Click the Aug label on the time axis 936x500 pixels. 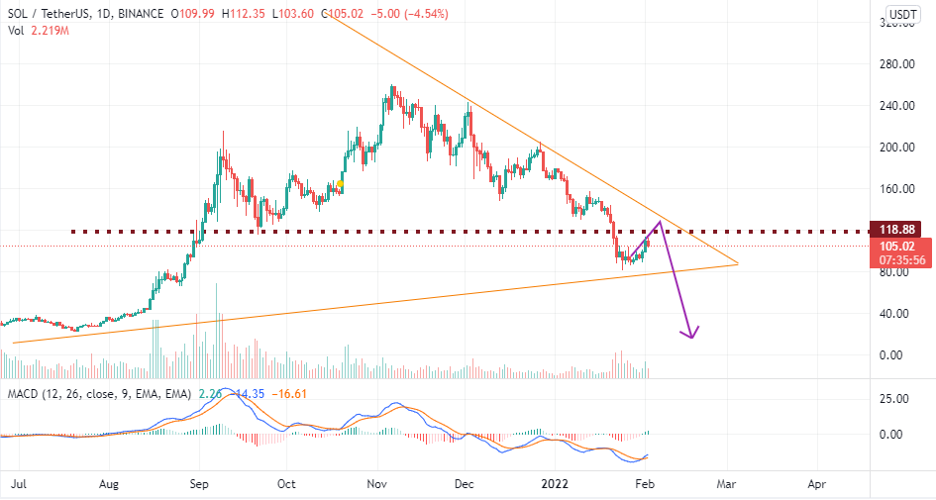coord(109,485)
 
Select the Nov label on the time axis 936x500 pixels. coord(375,485)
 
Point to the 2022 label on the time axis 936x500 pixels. coord(555,485)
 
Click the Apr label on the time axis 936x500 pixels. coord(817,485)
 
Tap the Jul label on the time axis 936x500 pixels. coord(19,485)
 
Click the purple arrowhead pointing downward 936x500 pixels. coord(691,333)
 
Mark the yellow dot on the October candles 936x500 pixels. coord(340,184)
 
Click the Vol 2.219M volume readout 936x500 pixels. coord(35,30)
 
